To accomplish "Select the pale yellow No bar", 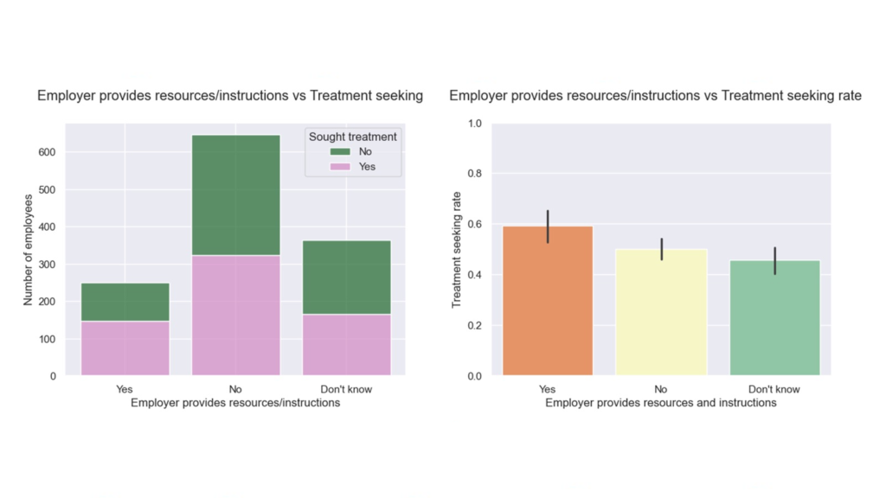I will [661, 312].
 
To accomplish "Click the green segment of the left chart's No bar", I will [235, 195].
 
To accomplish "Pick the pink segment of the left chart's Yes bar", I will [125, 348].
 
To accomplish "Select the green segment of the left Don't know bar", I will [346, 278].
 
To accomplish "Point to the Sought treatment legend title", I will [353, 137].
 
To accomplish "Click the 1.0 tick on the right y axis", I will [475, 124].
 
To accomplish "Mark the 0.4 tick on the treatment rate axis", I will [475, 275].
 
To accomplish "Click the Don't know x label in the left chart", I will [346, 389].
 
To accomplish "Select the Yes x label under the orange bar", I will [547, 389].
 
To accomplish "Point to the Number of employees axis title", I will [29, 250].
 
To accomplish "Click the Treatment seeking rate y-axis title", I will [457, 250].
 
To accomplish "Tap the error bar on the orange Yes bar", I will [548, 227].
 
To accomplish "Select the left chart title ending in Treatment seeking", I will [230, 96].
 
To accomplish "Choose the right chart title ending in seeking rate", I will [655, 96].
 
